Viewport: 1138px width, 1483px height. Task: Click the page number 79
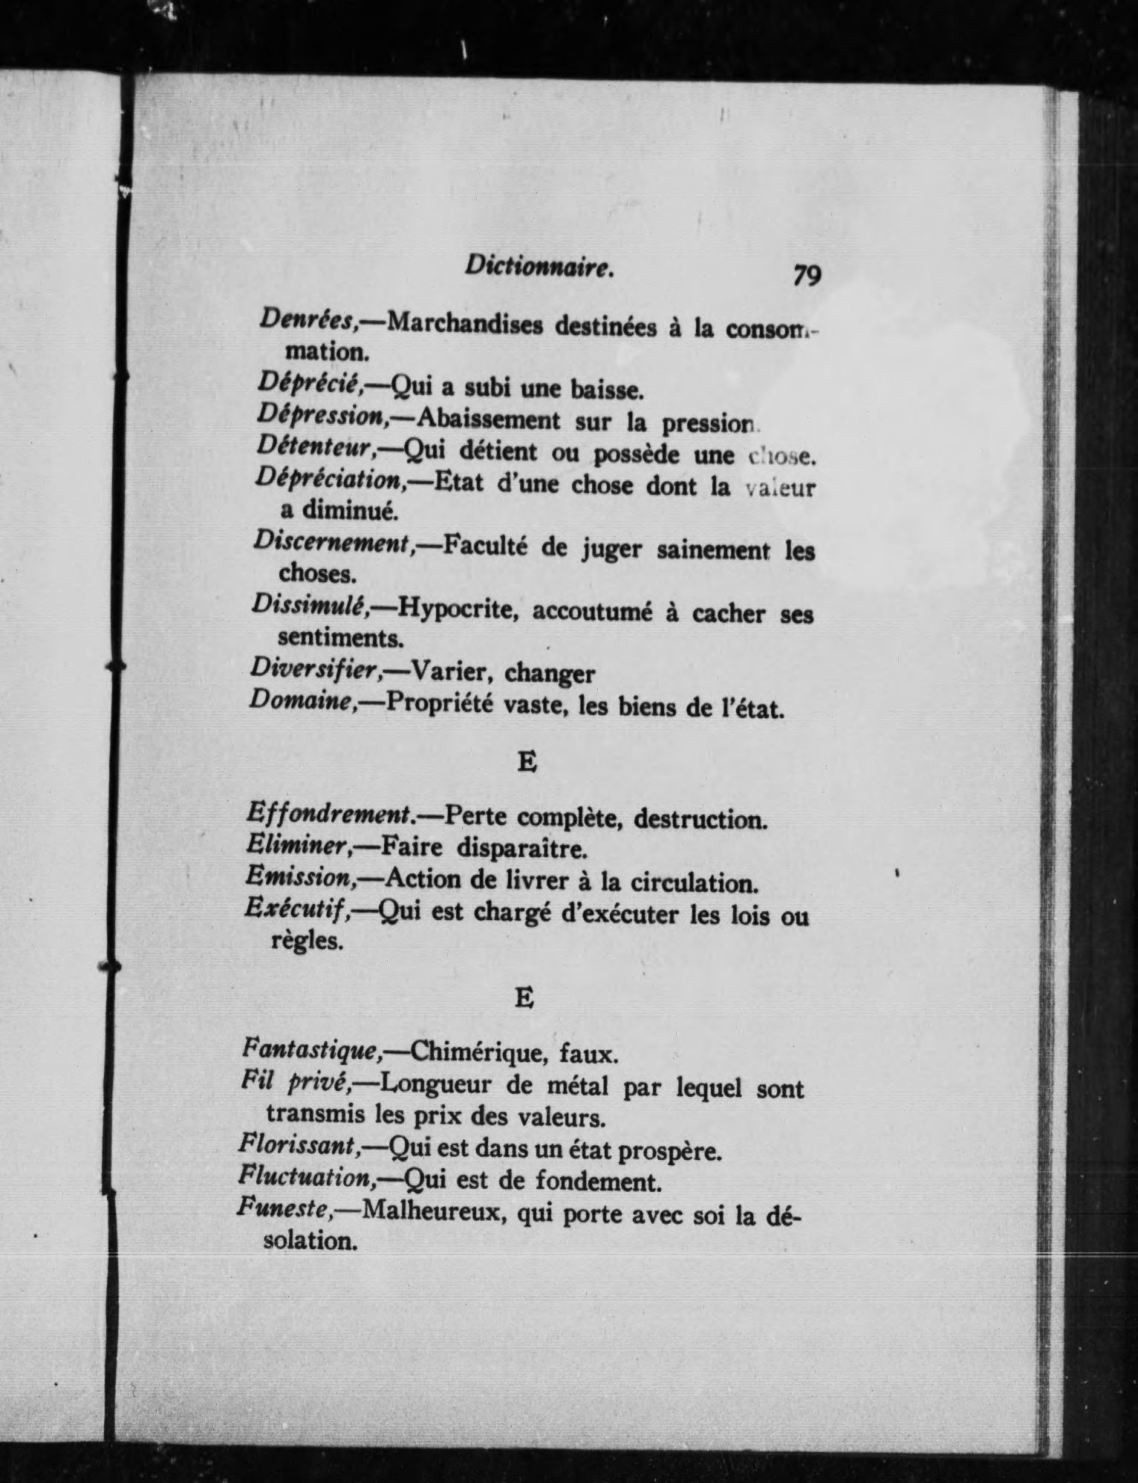click(x=807, y=276)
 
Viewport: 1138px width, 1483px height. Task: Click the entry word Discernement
click(x=334, y=543)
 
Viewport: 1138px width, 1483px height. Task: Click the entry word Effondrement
click(x=330, y=814)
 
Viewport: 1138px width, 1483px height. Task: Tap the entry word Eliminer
click(x=298, y=845)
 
